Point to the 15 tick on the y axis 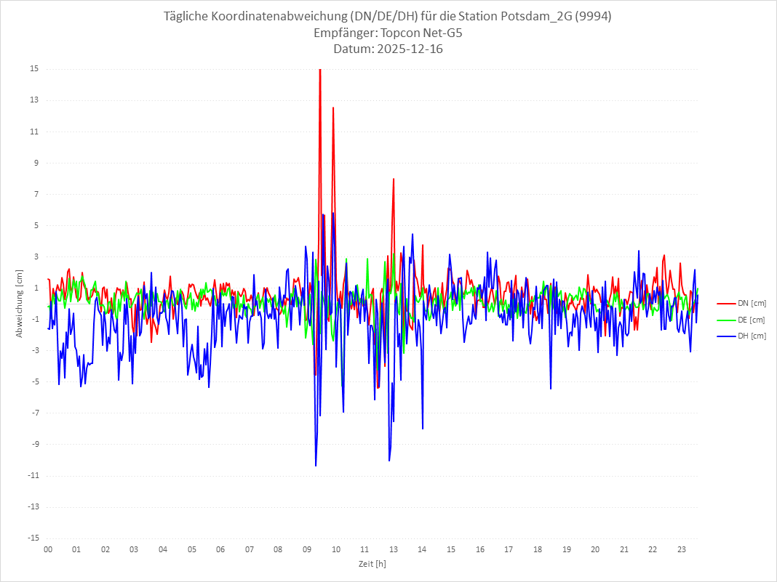[33, 69]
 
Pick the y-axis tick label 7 [35, 194]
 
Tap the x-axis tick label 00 [47, 549]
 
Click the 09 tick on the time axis [307, 549]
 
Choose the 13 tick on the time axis [394, 549]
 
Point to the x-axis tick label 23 [682, 549]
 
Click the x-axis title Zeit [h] [372, 564]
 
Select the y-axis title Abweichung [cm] [20, 303]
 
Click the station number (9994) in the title [592, 17]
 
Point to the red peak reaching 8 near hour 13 [394, 179]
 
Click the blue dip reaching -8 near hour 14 [423, 429]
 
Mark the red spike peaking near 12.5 [333, 108]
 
